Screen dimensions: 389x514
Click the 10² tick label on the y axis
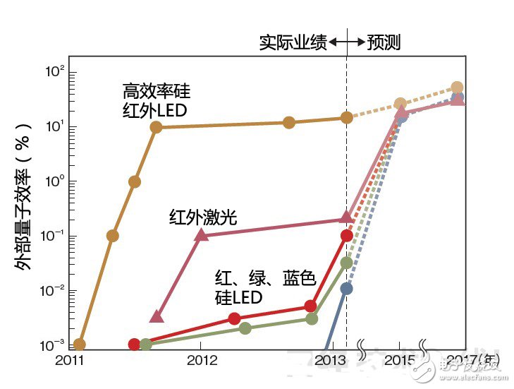(55, 72)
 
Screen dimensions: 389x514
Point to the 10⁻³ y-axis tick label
(54, 345)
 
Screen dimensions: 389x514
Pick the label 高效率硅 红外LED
(156, 100)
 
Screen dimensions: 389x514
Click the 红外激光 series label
(203, 217)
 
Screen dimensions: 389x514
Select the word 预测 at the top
(384, 43)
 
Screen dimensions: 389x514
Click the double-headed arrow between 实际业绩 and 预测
(346, 43)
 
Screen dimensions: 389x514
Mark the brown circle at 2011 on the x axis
(80, 345)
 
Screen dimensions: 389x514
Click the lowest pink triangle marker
(157, 316)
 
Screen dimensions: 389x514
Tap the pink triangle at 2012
(202, 235)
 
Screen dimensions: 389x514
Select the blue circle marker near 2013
(346, 288)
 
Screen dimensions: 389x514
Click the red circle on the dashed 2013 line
(346, 236)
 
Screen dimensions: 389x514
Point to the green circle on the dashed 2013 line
(346, 263)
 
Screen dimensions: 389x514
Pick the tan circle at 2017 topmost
(457, 88)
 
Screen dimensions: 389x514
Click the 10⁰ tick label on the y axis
(55, 181)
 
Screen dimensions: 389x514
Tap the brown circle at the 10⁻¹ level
(112, 236)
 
